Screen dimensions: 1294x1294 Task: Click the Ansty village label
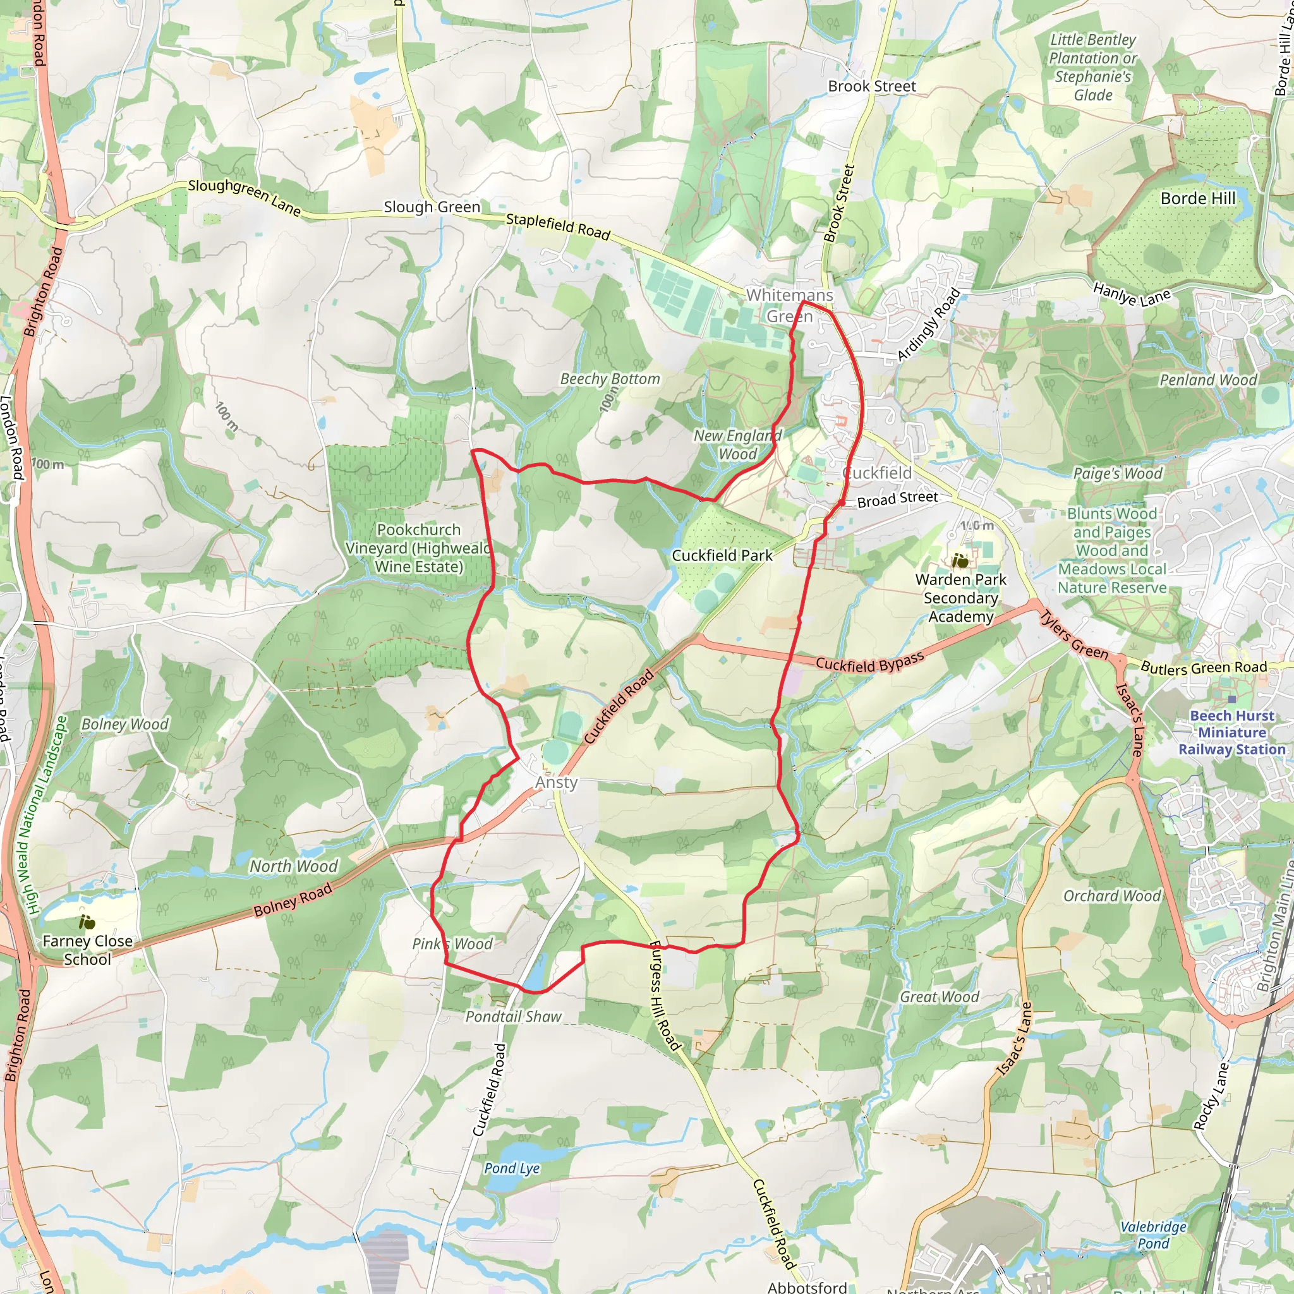click(556, 782)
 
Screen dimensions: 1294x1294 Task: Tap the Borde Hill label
click(1197, 198)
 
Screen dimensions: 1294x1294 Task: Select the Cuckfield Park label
click(722, 555)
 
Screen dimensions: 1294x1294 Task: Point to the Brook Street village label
click(871, 87)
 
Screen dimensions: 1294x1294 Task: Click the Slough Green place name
click(432, 207)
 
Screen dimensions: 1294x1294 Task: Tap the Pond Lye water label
click(512, 1168)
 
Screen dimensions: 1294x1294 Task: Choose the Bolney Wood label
click(125, 724)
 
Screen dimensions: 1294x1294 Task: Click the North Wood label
click(293, 866)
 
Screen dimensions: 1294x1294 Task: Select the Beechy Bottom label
click(610, 379)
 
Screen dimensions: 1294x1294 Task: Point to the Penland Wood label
click(1208, 380)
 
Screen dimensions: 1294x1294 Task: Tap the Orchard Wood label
click(1112, 896)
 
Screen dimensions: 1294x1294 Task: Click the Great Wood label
click(939, 997)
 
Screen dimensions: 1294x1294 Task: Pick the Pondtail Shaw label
click(513, 1017)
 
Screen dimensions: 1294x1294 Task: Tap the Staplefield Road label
click(558, 226)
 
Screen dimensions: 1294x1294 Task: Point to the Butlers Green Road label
click(1204, 668)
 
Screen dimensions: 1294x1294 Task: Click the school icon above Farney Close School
click(87, 923)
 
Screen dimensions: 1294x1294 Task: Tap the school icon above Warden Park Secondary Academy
click(960, 560)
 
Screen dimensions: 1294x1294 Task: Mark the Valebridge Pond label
click(1153, 1235)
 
